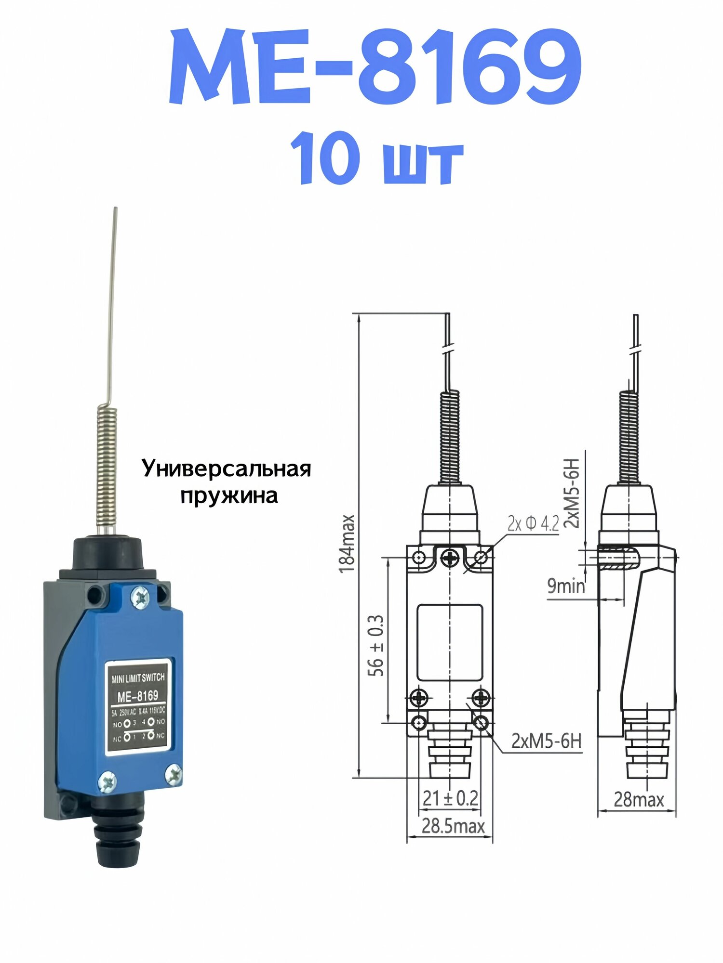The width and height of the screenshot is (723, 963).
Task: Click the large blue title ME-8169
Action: tap(375, 67)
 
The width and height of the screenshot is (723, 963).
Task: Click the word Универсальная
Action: tap(227, 468)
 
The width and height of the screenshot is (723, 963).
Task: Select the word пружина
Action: tap(229, 495)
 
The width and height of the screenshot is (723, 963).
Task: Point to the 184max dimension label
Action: tap(347, 544)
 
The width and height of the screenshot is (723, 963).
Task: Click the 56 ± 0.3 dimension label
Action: tap(376, 645)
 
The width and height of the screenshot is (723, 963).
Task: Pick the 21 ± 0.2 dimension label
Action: tap(450, 798)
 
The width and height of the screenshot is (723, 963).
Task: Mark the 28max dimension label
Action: tap(639, 800)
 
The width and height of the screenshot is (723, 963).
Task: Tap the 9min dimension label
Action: tap(566, 586)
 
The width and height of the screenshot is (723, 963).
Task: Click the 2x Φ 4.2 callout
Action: tap(533, 524)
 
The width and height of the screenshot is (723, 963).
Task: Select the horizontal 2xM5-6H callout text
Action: tap(546, 741)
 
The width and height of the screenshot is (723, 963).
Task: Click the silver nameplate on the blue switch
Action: tap(138, 707)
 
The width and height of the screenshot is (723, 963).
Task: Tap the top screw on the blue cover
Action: tap(140, 598)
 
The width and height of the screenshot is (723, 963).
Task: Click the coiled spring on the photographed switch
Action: tap(107, 466)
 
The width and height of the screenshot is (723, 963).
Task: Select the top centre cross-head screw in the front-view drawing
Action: tap(450, 559)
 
